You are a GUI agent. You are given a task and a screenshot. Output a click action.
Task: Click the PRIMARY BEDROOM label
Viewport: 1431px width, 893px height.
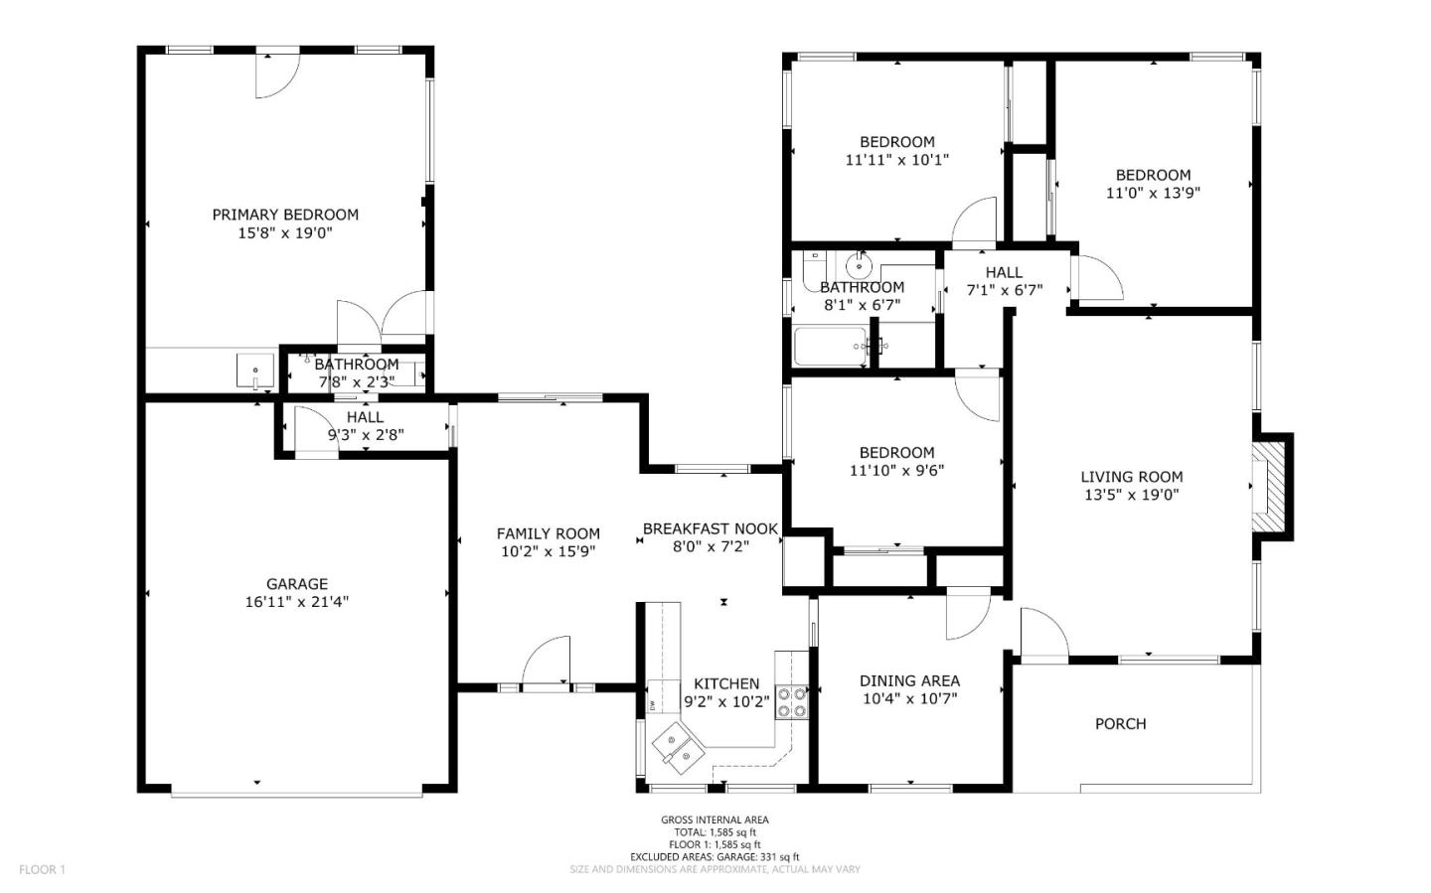[x=285, y=215]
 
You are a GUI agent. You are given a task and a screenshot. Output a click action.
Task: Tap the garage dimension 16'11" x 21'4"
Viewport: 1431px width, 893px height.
[x=296, y=602]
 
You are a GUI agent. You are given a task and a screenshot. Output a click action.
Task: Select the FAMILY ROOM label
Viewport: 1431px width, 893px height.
[x=548, y=533]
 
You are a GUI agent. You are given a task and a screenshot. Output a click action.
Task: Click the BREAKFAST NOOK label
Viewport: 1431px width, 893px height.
[x=710, y=529]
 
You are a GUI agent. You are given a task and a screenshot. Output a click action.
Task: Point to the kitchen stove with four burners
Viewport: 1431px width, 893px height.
[x=791, y=702]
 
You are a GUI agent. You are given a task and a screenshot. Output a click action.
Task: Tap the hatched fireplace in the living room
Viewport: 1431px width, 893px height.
[x=1268, y=488]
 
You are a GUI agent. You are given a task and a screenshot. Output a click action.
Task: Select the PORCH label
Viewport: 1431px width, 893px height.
[x=1120, y=724]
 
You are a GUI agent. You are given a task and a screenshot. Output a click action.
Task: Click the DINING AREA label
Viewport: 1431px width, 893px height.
[x=909, y=680]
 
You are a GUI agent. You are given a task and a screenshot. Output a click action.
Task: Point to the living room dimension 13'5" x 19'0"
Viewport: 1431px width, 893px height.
[x=1131, y=495]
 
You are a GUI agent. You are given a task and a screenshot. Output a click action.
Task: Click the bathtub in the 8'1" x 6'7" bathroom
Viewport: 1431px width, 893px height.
[x=829, y=347]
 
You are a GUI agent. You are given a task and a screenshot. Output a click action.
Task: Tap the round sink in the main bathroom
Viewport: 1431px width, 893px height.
[x=858, y=265]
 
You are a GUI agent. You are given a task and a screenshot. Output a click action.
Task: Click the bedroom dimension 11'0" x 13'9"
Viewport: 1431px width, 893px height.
[x=1153, y=193]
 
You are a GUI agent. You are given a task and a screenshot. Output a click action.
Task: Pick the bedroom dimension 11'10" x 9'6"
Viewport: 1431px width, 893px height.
[x=896, y=471]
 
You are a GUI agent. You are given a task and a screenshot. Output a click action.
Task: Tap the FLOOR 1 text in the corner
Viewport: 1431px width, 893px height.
[x=42, y=870]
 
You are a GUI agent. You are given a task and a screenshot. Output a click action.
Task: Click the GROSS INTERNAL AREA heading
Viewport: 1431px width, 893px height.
[x=715, y=819]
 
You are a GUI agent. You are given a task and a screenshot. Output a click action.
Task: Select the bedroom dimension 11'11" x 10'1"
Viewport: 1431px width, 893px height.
[x=896, y=160]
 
